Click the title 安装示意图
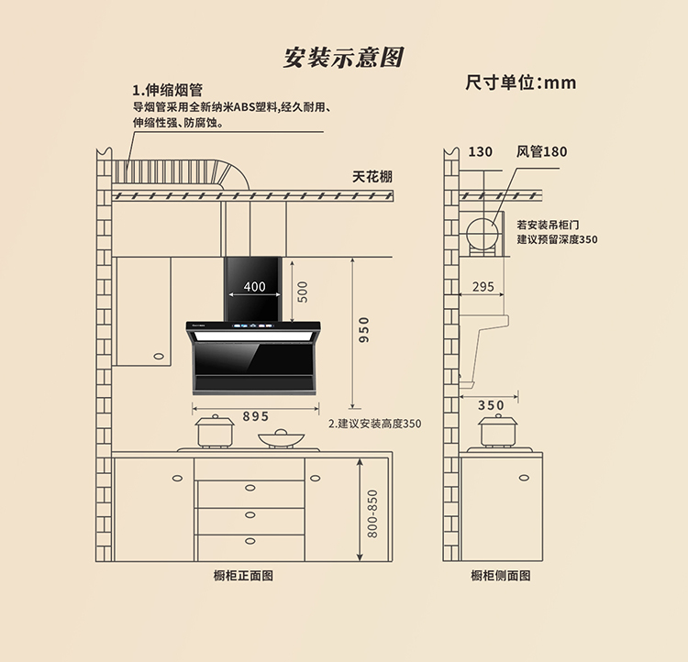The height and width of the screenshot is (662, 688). click(x=343, y=57)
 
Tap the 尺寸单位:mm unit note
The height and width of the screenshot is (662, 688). click(x=520, y=83)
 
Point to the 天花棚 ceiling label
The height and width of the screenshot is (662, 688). click(x=372, y=176)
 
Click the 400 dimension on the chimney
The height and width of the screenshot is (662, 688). click(x=254, y=286)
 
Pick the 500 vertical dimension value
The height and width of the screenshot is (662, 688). click(x=303, y=291)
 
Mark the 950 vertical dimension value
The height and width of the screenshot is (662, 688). click(x=364, y=330)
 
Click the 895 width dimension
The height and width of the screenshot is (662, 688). click(x=256, y=415)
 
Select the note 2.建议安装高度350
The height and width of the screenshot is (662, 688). click(x=375, y=424)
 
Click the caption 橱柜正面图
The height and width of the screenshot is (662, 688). click(x=243, y=576)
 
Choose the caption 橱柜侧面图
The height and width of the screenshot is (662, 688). click(x=501, y=576)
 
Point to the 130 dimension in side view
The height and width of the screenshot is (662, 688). click(x=480, y=151)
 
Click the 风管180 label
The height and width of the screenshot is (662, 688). click(x=541, y=151)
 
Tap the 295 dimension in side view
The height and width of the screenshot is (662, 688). click(x=483, y=286)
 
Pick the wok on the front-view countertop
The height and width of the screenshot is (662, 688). click(x=276, y=438)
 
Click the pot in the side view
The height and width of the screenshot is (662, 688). click(x=498, y=431)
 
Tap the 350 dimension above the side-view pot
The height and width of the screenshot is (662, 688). click(x=491, y=404)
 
